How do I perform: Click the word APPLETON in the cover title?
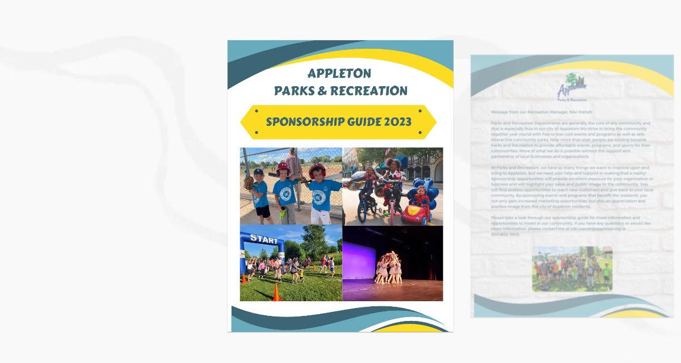339,73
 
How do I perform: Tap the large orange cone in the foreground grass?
276,293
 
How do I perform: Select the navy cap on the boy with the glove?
258,171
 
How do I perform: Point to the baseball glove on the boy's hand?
249,183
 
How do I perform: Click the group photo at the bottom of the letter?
572,269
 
